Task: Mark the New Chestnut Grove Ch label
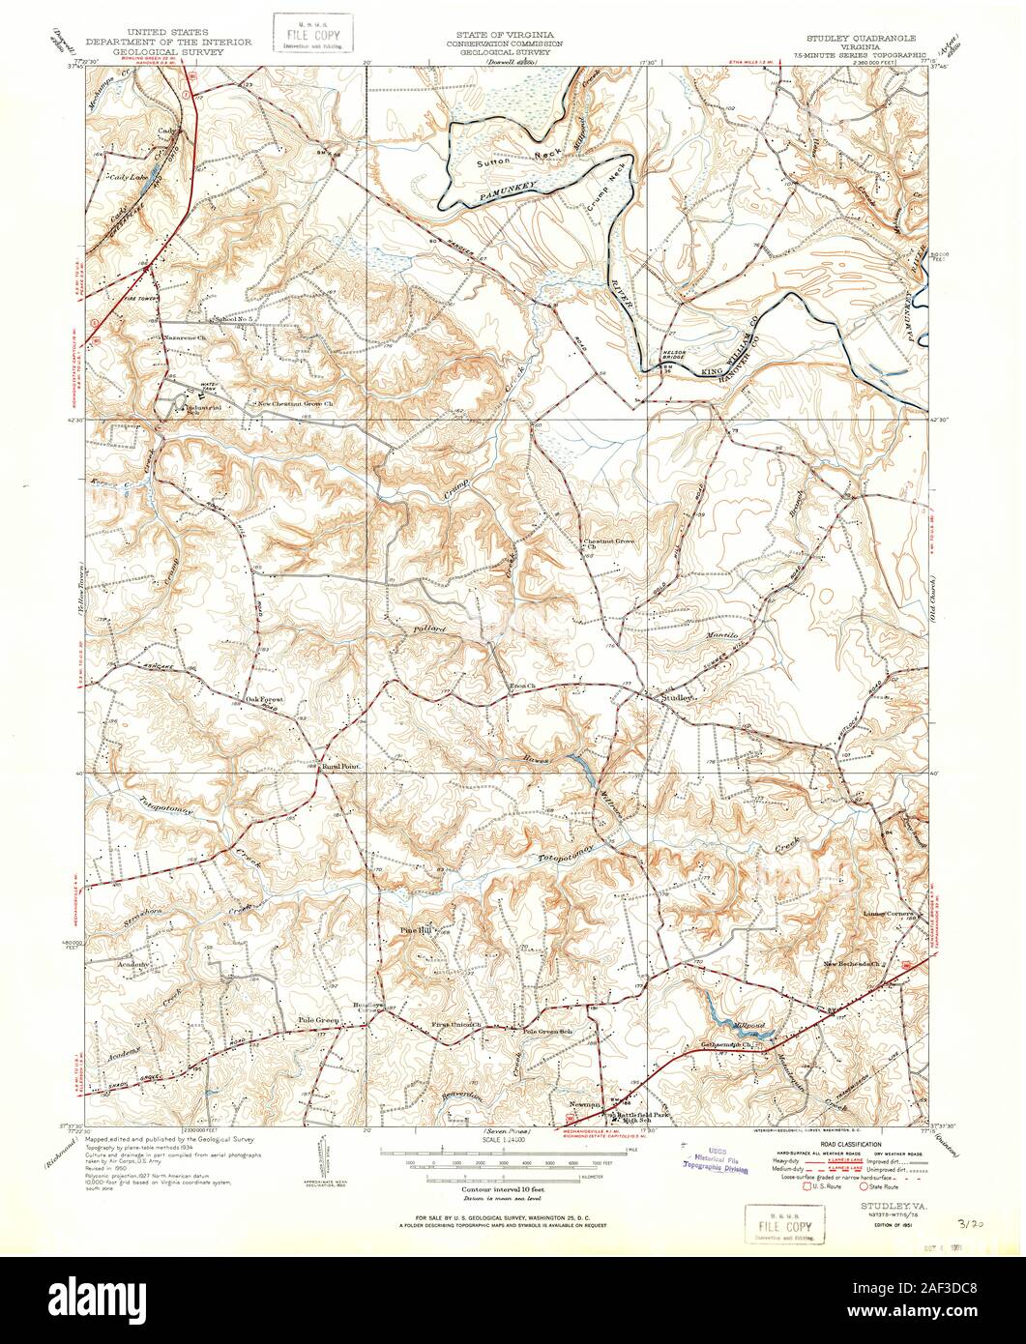point(294,404)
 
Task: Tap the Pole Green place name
point(317,1019)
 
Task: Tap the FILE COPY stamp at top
point(311,33)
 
